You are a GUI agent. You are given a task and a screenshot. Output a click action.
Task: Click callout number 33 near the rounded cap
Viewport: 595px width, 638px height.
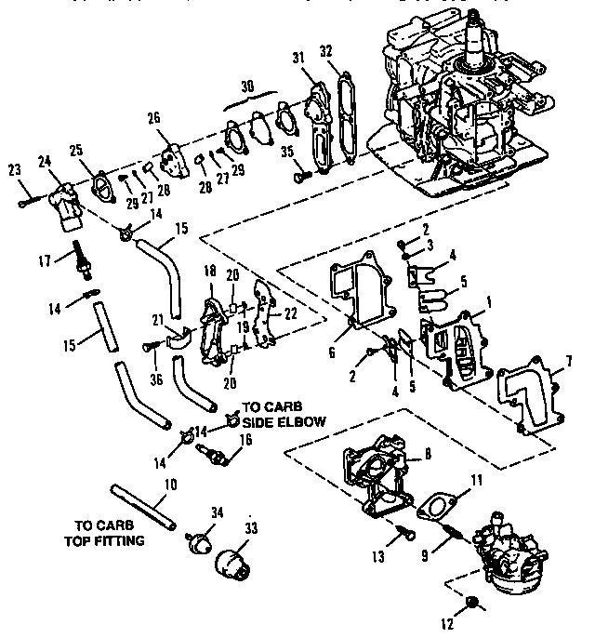250,526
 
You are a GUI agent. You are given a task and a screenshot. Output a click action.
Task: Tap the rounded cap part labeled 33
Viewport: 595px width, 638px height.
232,564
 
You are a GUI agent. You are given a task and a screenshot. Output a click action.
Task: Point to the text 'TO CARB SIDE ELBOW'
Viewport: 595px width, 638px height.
284,415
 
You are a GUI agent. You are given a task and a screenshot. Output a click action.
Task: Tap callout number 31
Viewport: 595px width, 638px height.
298,58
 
